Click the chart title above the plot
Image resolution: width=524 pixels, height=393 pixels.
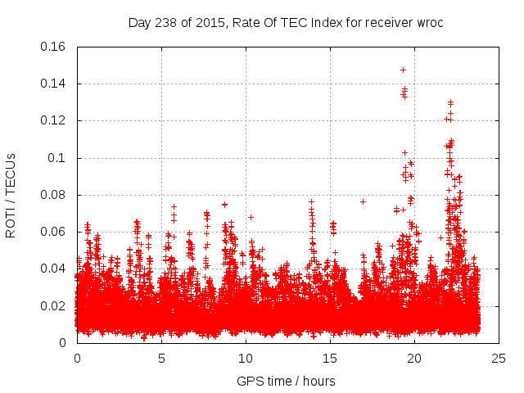click(x=286, y=22)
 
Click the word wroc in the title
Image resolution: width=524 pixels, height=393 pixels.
click(x=427, y=22)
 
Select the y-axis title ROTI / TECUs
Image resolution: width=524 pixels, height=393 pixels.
click(x=11, y=195)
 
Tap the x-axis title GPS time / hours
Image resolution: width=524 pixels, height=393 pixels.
click(x=286, y=381)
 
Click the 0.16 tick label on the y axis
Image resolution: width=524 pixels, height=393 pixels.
click(x=53, y=47)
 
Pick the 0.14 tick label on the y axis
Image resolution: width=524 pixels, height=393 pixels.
click(x=53, y=84)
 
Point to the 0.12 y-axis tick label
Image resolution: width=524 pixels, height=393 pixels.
click(x=53, y=120)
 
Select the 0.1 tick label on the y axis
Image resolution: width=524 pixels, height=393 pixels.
click(x=57, y=158)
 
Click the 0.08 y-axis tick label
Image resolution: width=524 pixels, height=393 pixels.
click(x=53, y=195)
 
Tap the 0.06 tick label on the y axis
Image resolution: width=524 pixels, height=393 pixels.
click(x=53, y=232)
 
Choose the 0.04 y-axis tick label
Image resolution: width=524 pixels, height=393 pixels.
click(x=53, y=269)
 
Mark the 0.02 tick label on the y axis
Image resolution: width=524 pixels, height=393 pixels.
click(x=53, y=306)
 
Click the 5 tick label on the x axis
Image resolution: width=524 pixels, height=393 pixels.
click(x=161, y=358)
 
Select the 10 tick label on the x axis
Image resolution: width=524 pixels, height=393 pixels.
click(x=246, y=358)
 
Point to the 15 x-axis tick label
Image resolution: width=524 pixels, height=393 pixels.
click(x=330, y=358)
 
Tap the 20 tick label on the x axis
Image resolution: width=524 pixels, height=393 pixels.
click(x=414, y=358)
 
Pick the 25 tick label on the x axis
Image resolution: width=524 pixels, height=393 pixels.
click(x=499, y=358)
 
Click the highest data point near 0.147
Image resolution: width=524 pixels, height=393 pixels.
click(x=403, y=70)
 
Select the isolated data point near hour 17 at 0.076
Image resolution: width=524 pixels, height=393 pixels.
click(x=363, y=201)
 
